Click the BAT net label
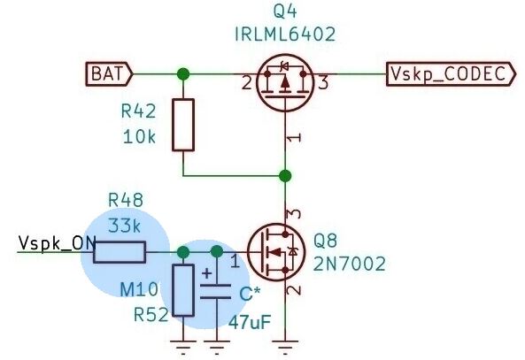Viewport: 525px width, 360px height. point(109,74)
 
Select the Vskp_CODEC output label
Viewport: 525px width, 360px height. point(451,74)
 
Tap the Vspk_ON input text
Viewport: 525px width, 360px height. point(58,243)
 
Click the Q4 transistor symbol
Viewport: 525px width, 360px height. point(285,82)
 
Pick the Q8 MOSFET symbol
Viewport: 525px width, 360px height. point(276,252)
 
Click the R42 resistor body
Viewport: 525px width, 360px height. point(183,125)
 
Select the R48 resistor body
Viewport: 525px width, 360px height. point(120,252)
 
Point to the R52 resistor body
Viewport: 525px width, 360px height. point(183,290)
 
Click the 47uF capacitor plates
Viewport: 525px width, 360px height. point(215,291)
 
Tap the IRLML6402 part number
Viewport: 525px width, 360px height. point(285,34)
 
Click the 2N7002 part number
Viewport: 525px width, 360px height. point(349,264)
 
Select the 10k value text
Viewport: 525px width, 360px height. point(139,137)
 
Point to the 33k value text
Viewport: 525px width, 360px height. point(125,226)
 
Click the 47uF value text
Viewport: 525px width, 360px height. point(250,323)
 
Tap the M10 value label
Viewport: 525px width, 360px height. point(139,289)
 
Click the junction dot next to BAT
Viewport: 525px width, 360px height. point(183,74)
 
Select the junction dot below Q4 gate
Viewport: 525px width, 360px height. point(285,176)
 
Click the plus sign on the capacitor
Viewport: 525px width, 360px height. point(207,273)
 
